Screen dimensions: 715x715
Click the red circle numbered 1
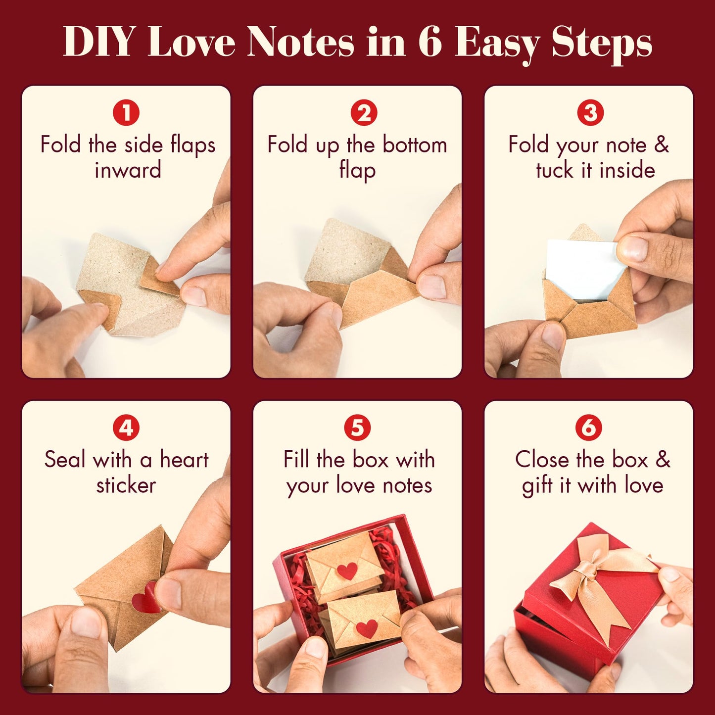[x=126, y=113]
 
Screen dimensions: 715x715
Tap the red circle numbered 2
[x=364, y=113]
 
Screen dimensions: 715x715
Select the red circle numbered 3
[x=590, y=113]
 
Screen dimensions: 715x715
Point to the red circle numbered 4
[x=126, y=428]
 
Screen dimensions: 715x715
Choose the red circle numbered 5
[x=357, y=428]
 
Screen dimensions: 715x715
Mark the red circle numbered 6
[x=589, y=428]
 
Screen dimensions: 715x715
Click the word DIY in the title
[x=98, y=43]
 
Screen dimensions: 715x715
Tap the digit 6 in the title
[x=429, y=43]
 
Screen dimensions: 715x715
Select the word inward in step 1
[x=128, y=170]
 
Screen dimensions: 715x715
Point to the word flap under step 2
[x=357, y=171]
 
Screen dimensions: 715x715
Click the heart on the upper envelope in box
[x=347, y=571]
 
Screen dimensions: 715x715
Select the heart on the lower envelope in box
[x=367, y=628]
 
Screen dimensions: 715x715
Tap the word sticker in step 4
[x=126, y=485]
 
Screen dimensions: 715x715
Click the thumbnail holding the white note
[x=632, y=249]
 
